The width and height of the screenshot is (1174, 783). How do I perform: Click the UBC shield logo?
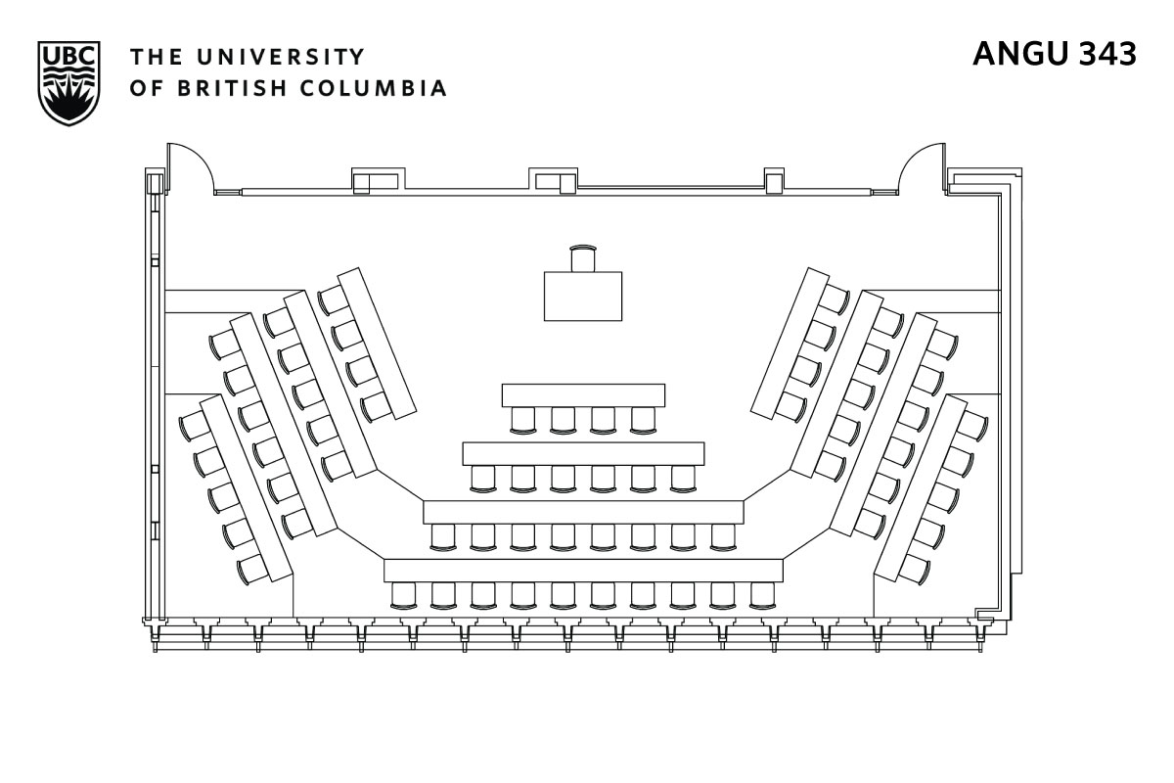[67, 83]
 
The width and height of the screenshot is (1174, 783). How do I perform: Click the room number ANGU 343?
[1055, 55]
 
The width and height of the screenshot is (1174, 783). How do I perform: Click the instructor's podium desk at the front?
[583, 296]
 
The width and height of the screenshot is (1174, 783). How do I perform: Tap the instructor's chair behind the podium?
[583, 257]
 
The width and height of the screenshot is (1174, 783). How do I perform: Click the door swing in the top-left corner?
[190, 168]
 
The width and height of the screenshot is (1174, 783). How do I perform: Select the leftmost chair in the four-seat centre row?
[523, 419]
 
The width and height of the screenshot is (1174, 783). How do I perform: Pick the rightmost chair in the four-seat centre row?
[643, 419]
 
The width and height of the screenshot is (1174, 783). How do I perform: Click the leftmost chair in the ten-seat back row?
[403, 594]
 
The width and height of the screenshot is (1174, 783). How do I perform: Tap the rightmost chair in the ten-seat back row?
[763, 594]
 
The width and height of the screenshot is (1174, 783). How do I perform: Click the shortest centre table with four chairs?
[583, 395]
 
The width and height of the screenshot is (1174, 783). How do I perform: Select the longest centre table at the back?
[583, 570]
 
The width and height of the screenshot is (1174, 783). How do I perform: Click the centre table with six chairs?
[583, 453]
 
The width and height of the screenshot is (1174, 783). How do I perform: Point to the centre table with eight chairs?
[583, 512]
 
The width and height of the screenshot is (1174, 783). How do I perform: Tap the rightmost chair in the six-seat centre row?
[683, 477]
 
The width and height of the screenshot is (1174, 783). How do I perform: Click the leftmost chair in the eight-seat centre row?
[443, 535]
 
